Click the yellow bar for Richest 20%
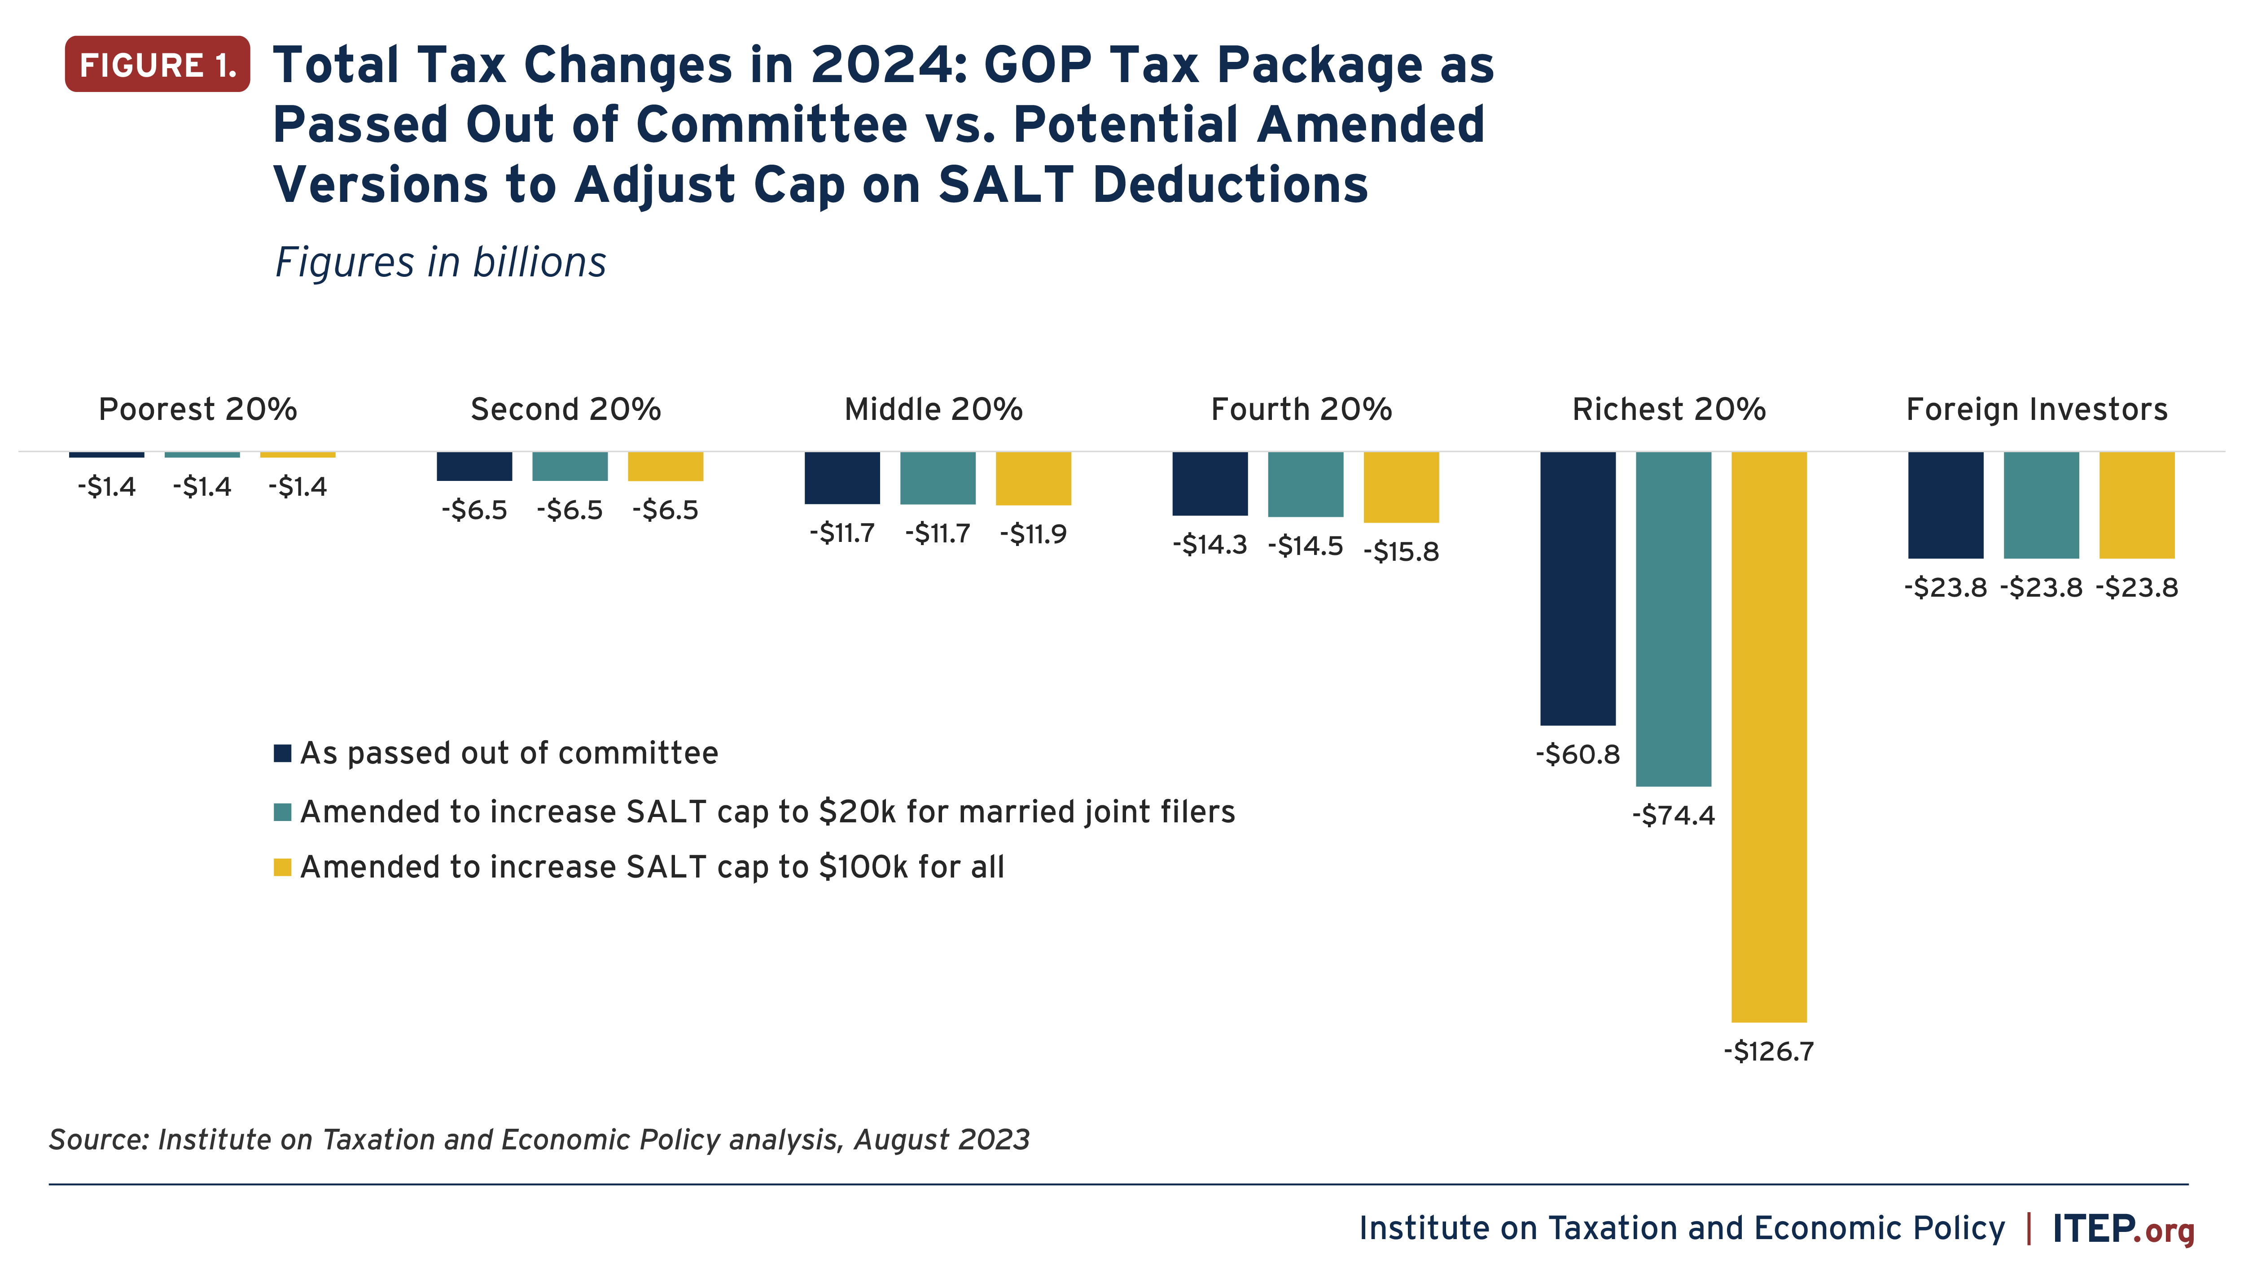click(1768, 736)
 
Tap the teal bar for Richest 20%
click(1673, 618)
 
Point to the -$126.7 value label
click(1768, 1051)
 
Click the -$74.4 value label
click(1673, 815)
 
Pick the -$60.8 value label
click(1578, 754)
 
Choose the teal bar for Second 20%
click(570, 466)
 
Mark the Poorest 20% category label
click(198, 409)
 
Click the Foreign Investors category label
click(2036, 409)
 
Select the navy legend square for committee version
click(282, 753)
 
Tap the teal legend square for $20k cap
click(282, 812)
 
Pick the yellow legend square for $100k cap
click(282, 867)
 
